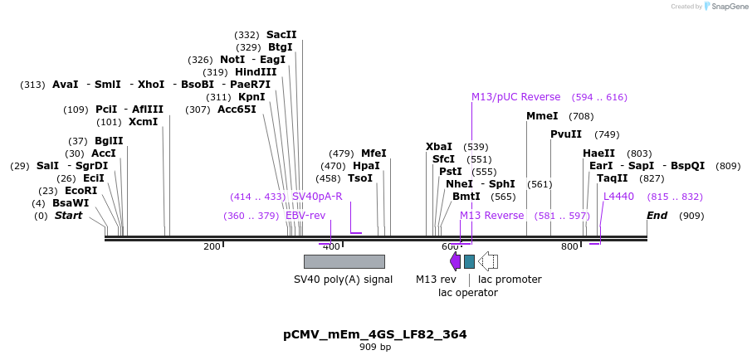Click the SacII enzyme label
click(281, 35)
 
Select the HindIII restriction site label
click(256, 72)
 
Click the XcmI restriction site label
click(143, 122)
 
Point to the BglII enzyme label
click(108, 141)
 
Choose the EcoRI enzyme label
click(81, 191)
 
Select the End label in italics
click(657, 216)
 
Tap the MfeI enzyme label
click(374, 153)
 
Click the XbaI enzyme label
click(439, 147)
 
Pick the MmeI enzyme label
click(542, 116)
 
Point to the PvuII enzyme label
click(566, 134)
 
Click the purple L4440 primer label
click(618, 197)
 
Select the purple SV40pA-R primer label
click(317, 197)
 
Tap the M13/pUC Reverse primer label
click(515, 97)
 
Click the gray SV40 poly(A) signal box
click(344, 261)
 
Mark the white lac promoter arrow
click(488, 261)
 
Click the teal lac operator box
click(469, 261)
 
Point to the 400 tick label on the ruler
click(331, 247)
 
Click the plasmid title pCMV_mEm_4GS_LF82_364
click(375, 335)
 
